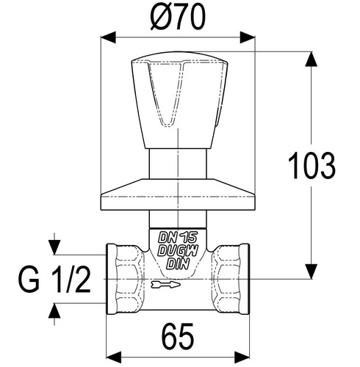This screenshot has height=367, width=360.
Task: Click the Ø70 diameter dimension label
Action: point(177,17)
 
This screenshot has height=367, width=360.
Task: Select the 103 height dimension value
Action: point(312,165)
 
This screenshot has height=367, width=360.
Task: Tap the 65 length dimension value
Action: point(178,336)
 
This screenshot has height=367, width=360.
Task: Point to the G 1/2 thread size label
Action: point(54,279)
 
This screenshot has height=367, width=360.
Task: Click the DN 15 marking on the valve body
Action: point(178,237)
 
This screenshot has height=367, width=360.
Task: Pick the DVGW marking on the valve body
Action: point(178,251)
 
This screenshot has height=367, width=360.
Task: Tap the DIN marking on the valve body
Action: point(178,264)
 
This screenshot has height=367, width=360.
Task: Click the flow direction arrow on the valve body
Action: point(165,284)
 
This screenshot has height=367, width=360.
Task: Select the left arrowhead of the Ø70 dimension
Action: point(108,37)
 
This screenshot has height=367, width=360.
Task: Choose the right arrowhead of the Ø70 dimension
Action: point(248,37)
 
